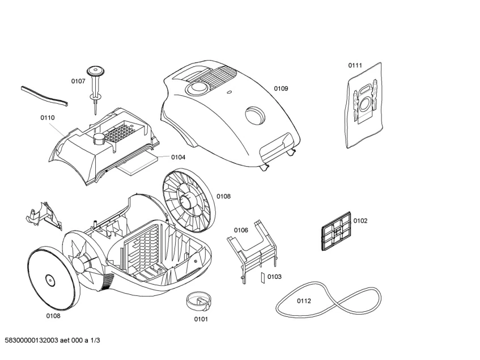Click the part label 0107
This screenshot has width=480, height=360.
78,81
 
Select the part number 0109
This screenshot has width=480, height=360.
281,88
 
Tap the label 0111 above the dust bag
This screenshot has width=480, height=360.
355,66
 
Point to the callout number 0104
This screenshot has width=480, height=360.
178,157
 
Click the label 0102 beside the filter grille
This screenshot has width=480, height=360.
360,221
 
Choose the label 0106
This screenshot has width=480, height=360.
241,230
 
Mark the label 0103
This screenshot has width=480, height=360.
274,277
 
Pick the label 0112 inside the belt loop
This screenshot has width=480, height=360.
304,301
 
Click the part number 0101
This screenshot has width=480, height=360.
201,319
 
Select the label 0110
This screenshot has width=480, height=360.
48,118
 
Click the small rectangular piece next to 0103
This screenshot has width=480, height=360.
262,277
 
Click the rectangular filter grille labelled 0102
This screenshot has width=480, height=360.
335,232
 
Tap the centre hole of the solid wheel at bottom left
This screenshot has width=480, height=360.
48,279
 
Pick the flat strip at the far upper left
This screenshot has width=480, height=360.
45,96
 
